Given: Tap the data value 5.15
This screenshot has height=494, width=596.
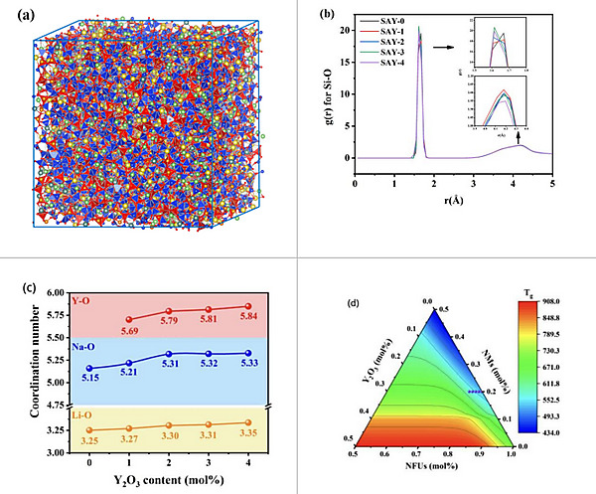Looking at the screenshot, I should click(x=90, y=379).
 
